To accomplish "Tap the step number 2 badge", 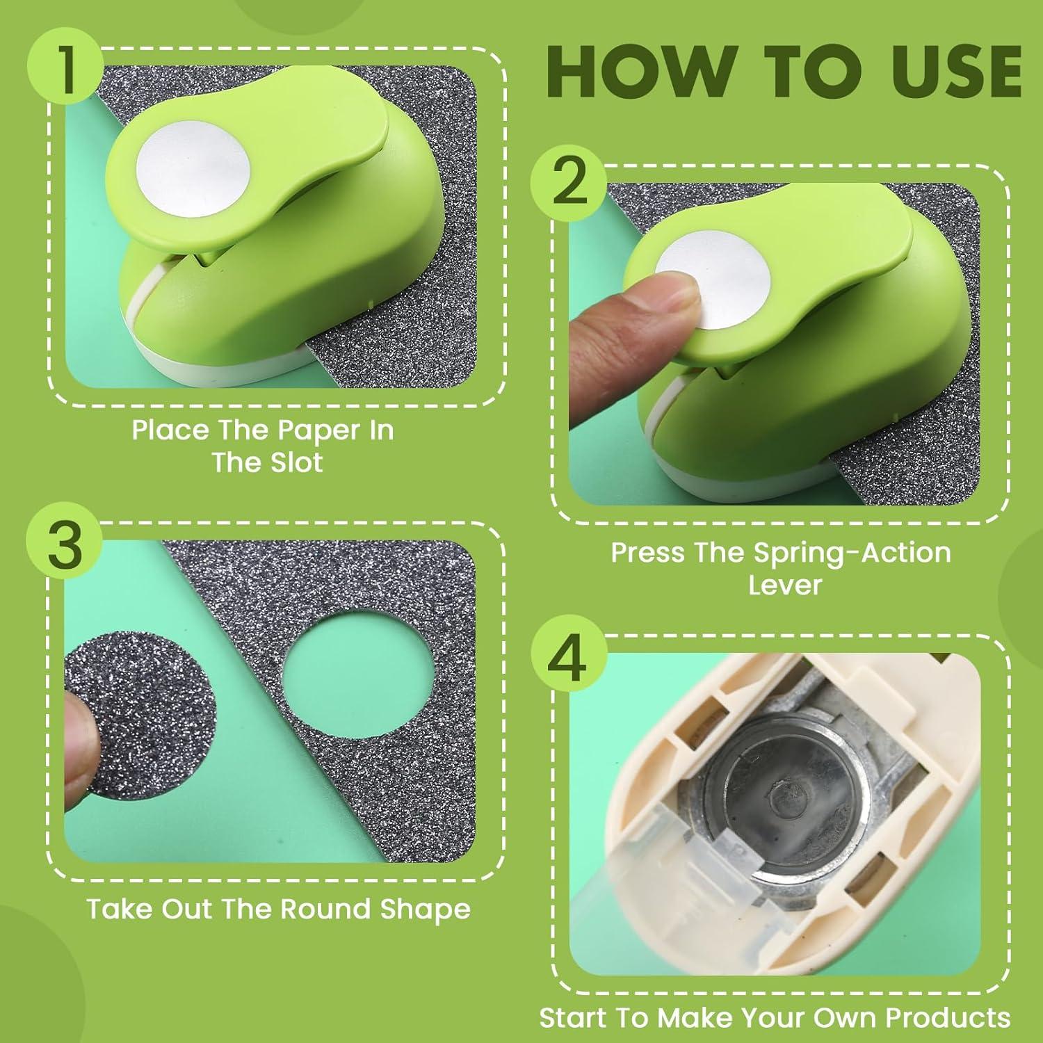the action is tap(569, 183).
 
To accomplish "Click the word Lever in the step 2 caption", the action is tap(785, 585).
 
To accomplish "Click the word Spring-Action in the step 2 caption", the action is tap(852, 553).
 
